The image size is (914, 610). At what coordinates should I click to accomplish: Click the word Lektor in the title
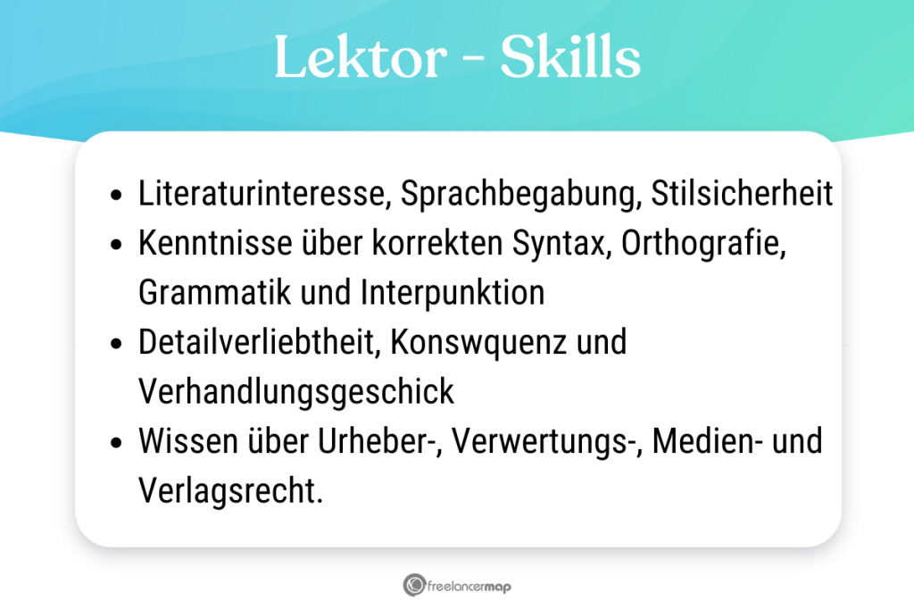[361, 56]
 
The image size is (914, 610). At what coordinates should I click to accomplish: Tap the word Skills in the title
[570, 56]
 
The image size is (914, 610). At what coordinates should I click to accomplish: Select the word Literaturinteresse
[264, 193]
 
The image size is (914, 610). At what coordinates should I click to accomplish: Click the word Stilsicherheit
[742, 193]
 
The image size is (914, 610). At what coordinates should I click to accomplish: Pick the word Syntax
[562, 244]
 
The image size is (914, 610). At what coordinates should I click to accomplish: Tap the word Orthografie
[703, 244]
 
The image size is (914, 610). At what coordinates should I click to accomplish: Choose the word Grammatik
[214, 292]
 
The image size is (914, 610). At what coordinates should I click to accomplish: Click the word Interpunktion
[453, 293]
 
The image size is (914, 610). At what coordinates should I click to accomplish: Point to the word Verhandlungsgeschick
[296, 392]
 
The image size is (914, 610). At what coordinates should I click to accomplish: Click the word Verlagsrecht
[230, 491]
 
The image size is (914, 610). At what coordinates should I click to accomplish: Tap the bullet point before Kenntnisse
[117, 245]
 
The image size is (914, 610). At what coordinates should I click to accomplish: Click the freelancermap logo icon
[414, 585]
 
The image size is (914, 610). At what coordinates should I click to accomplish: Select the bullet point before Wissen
[117, 443]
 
